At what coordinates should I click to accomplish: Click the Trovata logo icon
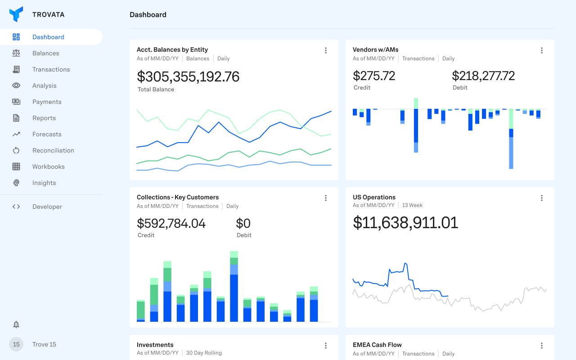pos(16,14)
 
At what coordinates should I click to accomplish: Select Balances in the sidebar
pos(45,53)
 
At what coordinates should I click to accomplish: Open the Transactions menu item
pos(51,69)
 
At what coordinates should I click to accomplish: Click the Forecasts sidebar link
pos(47,134)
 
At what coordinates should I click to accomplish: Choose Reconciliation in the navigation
pos(53,150)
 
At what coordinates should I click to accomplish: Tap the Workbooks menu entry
pos(49,166)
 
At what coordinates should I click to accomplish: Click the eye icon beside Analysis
pos(16,85)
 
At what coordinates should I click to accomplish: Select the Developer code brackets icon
pos(16,207)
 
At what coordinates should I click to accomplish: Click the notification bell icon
pos(16,324)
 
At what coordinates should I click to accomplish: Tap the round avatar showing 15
pos(16,344)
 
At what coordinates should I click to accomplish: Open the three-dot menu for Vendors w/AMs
pos(542,50)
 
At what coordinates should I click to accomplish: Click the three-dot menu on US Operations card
pos(542,198)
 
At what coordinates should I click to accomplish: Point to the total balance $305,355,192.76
pos(188,76)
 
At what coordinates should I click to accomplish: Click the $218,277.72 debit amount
pos(483,76)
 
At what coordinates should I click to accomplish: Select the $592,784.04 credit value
pos(171,223)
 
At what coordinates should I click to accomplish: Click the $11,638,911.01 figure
pos(405,223)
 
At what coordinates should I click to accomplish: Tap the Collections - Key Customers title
pos(178,197)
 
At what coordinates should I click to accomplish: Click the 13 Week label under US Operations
pos(412,205)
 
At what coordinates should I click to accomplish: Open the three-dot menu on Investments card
pos(326,346)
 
